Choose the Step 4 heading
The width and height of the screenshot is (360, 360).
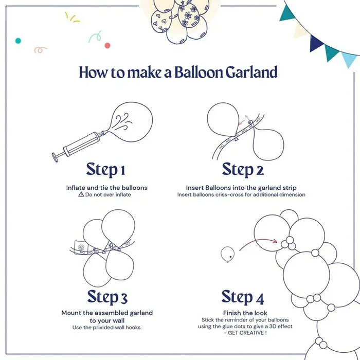(x=243, y=297)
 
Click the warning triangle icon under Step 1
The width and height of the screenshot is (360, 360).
(x=81, y=195)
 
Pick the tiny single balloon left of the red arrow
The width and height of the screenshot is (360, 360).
(x=226, y=253)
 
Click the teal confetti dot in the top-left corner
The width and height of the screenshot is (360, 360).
(x=18, y=40)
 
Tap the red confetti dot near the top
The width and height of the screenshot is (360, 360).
(x=107, y=45)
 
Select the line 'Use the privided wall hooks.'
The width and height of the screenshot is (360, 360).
(x=107, y=328)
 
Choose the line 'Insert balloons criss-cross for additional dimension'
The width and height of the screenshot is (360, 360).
(x=241, y=195)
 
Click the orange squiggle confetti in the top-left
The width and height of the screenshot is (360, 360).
(x=40, y=50)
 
